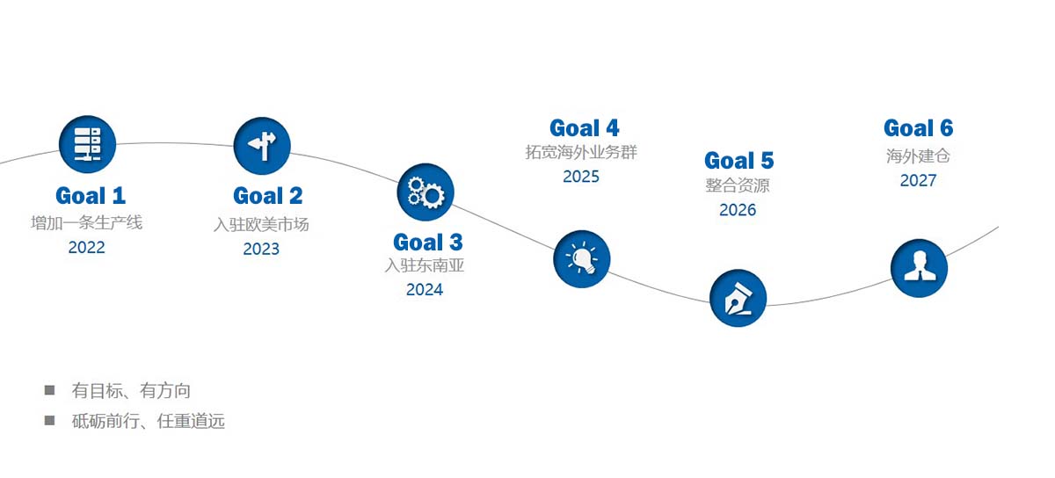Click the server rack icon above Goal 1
click(x=87, y=144)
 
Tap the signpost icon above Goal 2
click(x=262, y=146)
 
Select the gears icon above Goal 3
click(x=426, y=192)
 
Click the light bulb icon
click(x=582, y=259)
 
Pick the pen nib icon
click(x=738, y=298)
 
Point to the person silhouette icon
click(x=919, y=268)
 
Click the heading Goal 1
click(x=91, y=196)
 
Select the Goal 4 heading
click(x=584, y=128)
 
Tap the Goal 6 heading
click(x=919, y=128)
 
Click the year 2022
click(x=87, y=247)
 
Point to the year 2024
click(x=425, y=290)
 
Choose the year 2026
click(x=738, y=210)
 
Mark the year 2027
click(x=918, y=180)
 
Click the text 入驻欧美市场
click(x=261, y=225)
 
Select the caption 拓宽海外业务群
click(x=581, y=152)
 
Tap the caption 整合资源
click(x=738, y=185)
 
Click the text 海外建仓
click(x=918, y=156)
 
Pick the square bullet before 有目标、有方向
click(x=49, y=390)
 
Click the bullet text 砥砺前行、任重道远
click(x=149, y=421)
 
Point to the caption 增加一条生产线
click(x=87, y=223)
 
